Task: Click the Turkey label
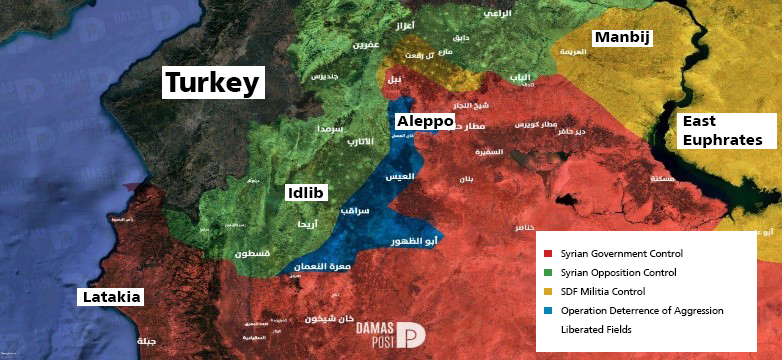(213, 83)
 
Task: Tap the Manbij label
(622, 39)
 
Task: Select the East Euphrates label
(728, 131)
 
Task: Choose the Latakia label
(111, 297)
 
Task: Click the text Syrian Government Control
(619, 252)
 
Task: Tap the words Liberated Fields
(597, 330)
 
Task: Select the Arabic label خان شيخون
(331, 320)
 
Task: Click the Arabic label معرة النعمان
(322, 267)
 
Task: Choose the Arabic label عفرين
(365, 45)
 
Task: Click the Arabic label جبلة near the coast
(146, 341)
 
